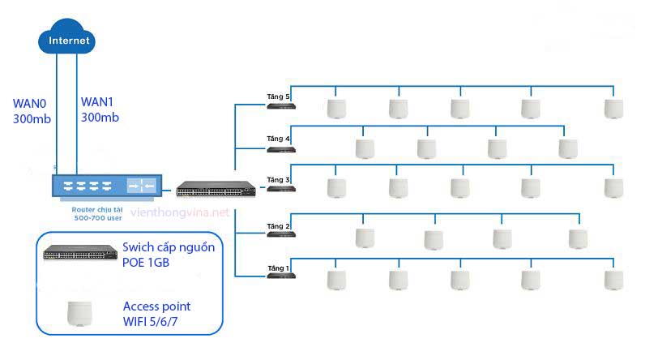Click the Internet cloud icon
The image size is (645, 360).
point(66,41)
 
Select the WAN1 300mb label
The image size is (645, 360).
point(100,110)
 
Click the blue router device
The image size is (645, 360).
point(104,186)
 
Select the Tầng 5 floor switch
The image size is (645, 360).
point(281,105)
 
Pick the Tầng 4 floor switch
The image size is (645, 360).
point(281,148)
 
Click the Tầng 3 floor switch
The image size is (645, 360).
point(281,188)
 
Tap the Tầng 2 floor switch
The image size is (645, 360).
point(281,235)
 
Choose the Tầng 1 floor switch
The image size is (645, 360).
point(281,276)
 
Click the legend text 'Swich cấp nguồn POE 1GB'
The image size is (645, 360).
point(169,255)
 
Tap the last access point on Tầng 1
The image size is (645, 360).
point(613,280)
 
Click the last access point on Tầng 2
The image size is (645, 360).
point(577,238)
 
